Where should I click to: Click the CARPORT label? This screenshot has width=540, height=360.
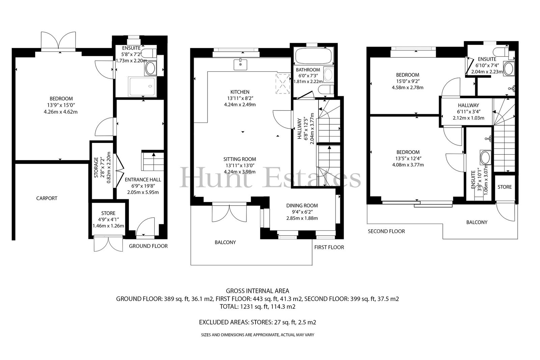pyautogui.click(x=47, y=198)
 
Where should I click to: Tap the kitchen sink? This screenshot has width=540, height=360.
pyautogui.click(x=240, y=65)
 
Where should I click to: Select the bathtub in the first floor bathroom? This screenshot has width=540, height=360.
pyautogui.click(x=314, y=56)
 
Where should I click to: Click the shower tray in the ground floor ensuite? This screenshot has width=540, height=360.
pyautogui.click(x=142, y=86)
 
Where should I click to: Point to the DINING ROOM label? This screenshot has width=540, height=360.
pyautogui.click(x=302, y=206)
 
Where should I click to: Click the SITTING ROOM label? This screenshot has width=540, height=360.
pyautogui.click(x=240, y=159)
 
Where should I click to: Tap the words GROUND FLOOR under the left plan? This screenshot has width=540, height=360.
pyautogui.click(x=148, y=246)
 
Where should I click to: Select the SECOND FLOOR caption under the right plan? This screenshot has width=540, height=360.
pyautogui.click(x=386, y=231)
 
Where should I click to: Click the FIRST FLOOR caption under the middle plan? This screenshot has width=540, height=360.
pyautogui.click(x=329, y=247)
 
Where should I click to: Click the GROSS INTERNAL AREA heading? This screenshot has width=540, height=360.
pyautogui.click(x=258, y=291)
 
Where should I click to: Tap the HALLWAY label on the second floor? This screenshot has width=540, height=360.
pyautogui.click(x=468, y=105)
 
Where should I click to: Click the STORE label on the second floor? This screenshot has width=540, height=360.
pyautogui.click(x=505, y=187)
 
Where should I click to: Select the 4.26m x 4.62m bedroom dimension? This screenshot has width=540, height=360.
pyautogui.click(x=61, y=112)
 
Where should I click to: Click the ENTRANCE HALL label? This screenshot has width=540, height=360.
pyautogui.click(x=143, y=180)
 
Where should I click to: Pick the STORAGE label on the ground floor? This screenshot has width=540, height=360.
pyautogui.click(x=96, y=168)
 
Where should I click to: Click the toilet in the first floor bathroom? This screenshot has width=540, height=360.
pyautogui.click(x=326, y=89)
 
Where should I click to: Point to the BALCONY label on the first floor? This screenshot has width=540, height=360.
pyautogui.click(x=225, y=242)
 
